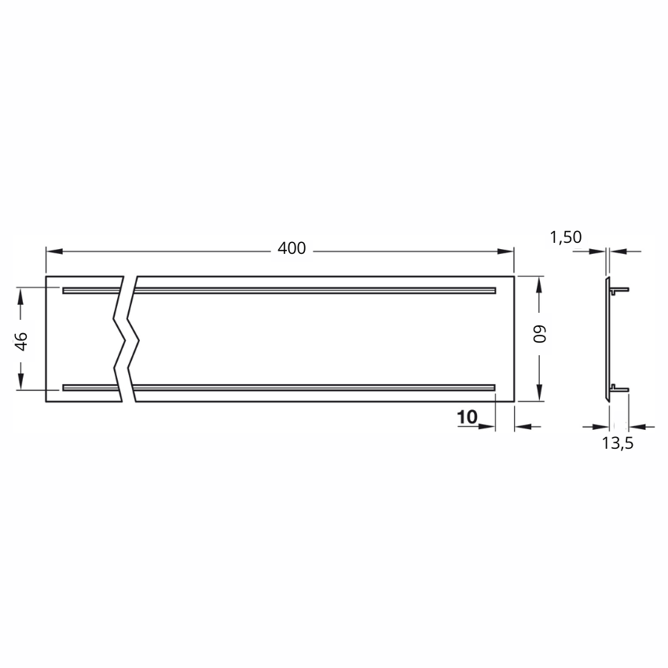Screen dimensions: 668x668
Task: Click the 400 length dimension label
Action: [x=292, y=248]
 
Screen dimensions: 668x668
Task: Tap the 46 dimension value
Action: [x=22, y=341]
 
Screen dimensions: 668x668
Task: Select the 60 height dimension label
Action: [x=540, y=334]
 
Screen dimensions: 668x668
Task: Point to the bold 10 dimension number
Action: [x=467, y=417]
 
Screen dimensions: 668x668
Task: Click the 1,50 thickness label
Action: [x=566, y=237]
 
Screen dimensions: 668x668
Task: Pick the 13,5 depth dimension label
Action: [x=617, y=443]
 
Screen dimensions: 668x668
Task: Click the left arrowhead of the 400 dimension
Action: [x=54, y=251]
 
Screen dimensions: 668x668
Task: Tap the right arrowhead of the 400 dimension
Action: [x=505, y=251]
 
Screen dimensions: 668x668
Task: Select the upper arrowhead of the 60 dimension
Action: [x=539, y=284]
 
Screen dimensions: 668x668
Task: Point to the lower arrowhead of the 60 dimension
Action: [x=539, y=392]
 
